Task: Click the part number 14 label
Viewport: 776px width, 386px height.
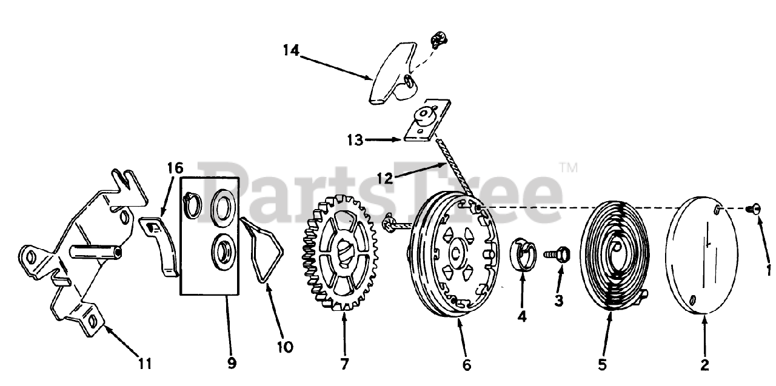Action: coord(291,50)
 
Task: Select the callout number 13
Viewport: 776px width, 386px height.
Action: coord(355,141)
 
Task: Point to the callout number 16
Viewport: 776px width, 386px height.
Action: coord(175,168)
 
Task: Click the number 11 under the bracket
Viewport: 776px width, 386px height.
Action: coord(144,364)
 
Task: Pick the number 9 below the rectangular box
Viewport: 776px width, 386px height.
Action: coord(232,364)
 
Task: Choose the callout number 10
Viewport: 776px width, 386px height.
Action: coord(284,347)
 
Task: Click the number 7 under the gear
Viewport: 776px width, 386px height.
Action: coord(344,365)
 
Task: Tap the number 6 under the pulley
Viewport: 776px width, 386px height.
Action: coord(466,365)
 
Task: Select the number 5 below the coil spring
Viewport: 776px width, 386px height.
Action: coord(602,365)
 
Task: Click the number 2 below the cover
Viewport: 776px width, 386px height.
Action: coord(704,365)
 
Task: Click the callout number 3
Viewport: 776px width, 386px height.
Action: coord(559,301)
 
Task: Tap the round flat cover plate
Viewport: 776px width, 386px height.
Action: coord(701,255)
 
